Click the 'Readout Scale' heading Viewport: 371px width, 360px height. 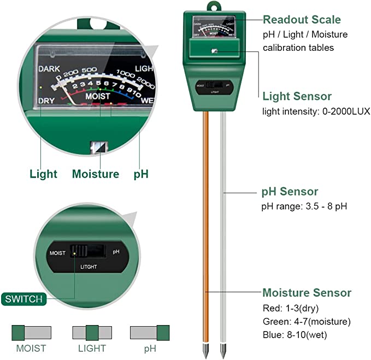pos(302,20)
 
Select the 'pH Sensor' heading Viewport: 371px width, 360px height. pos(298,192)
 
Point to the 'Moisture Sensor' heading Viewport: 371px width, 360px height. pos(307,293)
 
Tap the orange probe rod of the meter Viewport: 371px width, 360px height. pos(208,219)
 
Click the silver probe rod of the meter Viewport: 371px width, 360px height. pos(223,219)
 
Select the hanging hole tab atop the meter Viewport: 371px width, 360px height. pos(212,7)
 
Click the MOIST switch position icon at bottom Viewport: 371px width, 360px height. pos(31,332)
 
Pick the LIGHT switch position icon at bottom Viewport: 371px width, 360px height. pos(92,332)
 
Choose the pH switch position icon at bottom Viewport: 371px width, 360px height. pos(149,332)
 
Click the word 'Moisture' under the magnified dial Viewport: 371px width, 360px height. pos(96,174)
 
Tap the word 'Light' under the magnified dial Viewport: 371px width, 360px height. pos(43,174)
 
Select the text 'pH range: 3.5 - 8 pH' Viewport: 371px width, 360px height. pos(304,206)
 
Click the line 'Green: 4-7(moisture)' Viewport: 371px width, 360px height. pos(307,321)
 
